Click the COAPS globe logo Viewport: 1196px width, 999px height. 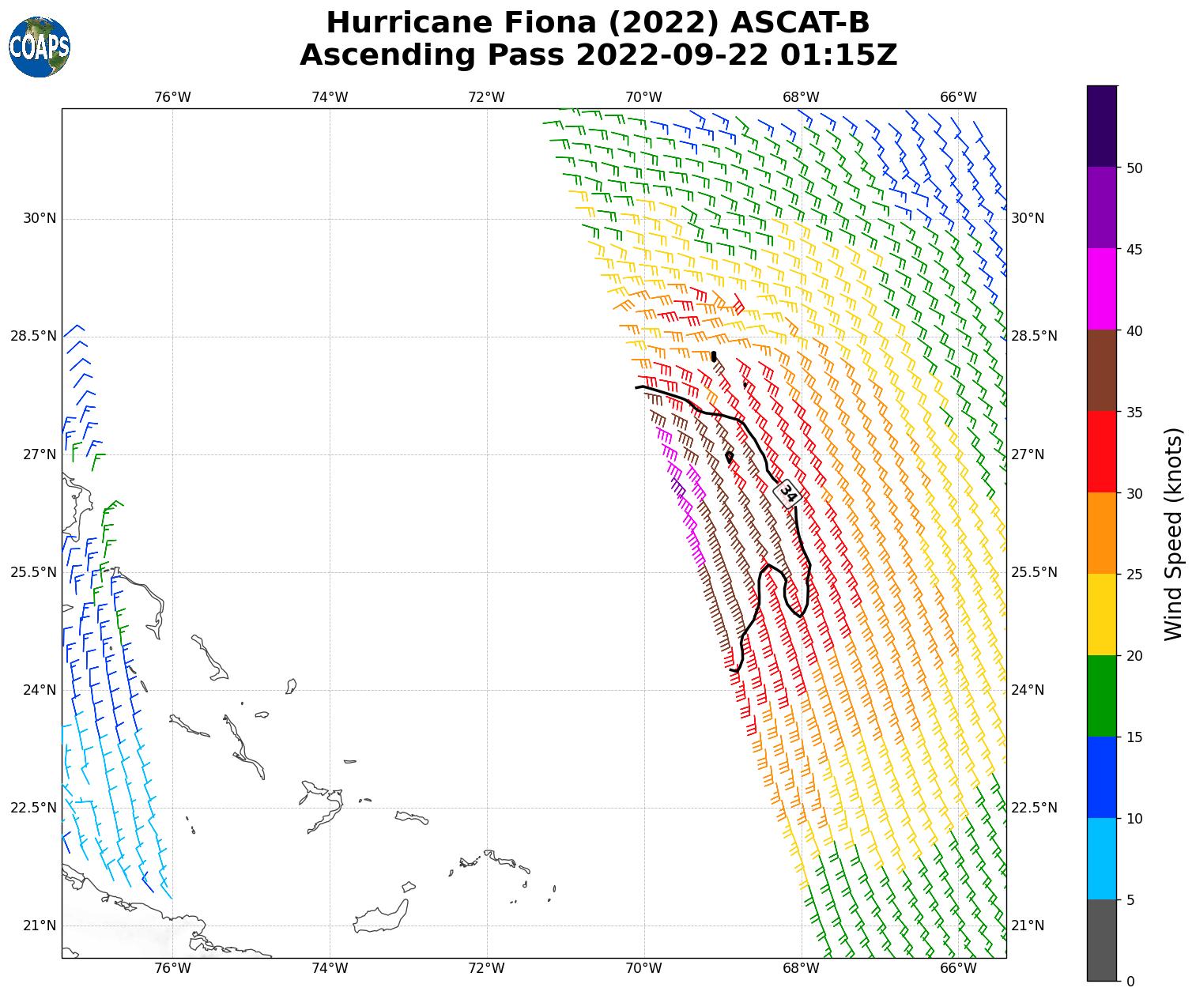point(40,47)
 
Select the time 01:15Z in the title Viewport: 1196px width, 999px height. point(839,55)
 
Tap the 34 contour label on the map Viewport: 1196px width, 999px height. point(788,493)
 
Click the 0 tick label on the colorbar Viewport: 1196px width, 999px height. point(1130,982)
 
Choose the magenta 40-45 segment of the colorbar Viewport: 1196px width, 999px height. point(1102,289)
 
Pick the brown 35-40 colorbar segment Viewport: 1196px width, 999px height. point(1102,371)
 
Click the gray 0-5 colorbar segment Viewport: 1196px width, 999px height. point(1102,941)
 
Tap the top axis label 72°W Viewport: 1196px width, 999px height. point(486,97)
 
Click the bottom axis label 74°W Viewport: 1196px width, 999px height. point(330,969)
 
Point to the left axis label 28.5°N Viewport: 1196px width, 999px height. point(33,337)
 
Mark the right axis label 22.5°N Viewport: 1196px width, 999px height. point(1034,808)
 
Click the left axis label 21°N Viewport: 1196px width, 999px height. point(40,925)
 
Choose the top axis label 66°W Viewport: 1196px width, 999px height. point(958,97)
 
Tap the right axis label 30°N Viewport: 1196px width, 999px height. point(1028,219)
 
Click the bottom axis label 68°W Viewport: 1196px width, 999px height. point(801,969)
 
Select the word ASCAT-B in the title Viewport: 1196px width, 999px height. point(800,23)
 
